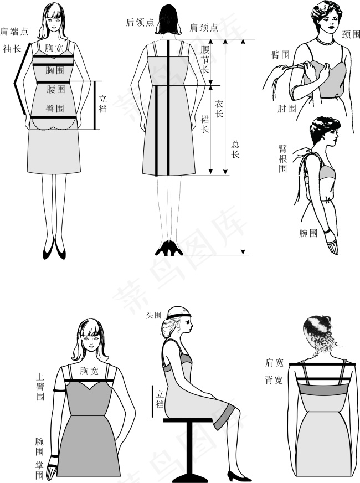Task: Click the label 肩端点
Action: [x=14, y=32]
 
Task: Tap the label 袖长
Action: [x=12, y=48]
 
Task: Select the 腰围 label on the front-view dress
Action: [x=56, y=89]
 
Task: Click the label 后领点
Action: [x=140, y=23]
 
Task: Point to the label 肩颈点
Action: [x=204, y=28]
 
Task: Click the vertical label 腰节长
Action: [x=205, y=59]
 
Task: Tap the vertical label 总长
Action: [x=235, y=150]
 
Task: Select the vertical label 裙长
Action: [x=205, y=124]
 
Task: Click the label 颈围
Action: [x=351, y=34]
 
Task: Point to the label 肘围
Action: [x=287, y=109]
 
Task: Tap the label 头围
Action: [x=153, y=315]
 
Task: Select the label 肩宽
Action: [x=274, y=363]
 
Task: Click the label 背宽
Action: [x=274, y=380]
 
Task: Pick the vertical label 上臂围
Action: [x=40, y=386]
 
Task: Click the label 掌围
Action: [x=39, y=470]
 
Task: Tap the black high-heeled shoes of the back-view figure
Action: [x=169, y=248]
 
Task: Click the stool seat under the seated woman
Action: [x=188, y=420]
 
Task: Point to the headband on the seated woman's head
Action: [x=179, y=315]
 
